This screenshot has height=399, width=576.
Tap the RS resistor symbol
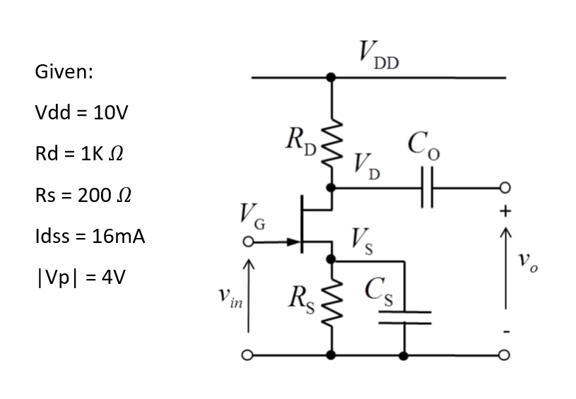tap(331, 304)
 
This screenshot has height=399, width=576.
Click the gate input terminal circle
tap(248, 242)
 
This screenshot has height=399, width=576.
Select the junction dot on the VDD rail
tap(331, 77)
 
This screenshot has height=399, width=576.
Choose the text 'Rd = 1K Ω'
tap(82, 154)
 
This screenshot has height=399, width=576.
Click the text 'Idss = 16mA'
tap(89, 236)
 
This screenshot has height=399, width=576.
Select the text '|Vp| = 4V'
tap(79, 277)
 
